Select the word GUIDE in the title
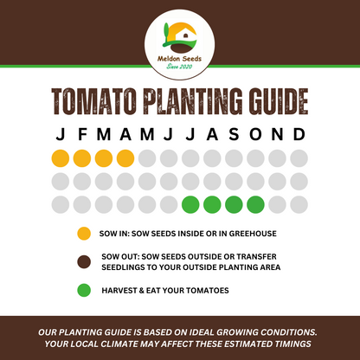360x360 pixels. [x=270, y=102]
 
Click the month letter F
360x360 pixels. [x=81, y=136]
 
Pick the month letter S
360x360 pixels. [x=233, y=136]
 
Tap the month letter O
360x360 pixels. [x=254, y=136]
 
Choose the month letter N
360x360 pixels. [x=277, y=136]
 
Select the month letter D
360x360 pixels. [x=299, y=136]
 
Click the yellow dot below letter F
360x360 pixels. [x=81, y=159]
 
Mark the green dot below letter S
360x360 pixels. [x=233, y=205]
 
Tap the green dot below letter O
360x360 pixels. [x=254, y=205]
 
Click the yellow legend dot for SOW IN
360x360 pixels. [x=83, y=234]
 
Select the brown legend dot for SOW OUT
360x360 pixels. [x=83, y=261]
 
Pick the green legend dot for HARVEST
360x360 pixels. [x=83, y=290]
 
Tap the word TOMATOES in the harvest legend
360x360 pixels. [x=203, y=290]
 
